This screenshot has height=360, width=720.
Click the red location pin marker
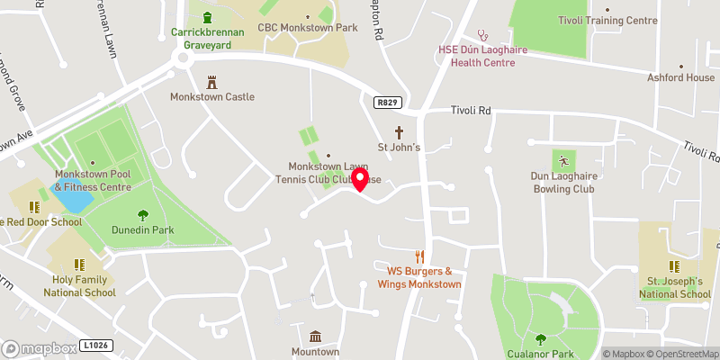coord(361,179)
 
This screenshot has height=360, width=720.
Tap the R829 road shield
coord(388,103)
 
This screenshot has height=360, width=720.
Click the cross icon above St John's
coord(399,130)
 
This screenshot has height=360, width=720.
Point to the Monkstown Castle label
coord(212,96)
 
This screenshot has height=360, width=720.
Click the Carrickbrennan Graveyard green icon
coord(208,17)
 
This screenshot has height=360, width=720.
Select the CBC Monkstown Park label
coord(308,28)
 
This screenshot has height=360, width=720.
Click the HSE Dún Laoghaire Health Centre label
coord(477,56)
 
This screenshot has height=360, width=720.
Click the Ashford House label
coord(680,77)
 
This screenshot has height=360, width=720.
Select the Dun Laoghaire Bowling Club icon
coord(563,162)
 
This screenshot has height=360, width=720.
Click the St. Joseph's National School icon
coord(674,265)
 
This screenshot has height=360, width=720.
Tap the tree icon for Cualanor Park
coord(540,339)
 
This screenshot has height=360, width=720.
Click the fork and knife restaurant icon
coord(418,256)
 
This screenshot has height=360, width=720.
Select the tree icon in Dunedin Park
coord(142,214)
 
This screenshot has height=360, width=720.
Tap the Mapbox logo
coord(39,348)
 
